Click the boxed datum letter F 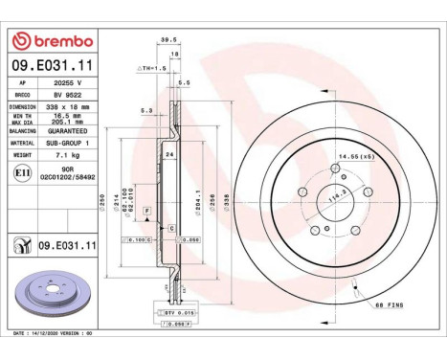pyautogui.click(x=146, y=209)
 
